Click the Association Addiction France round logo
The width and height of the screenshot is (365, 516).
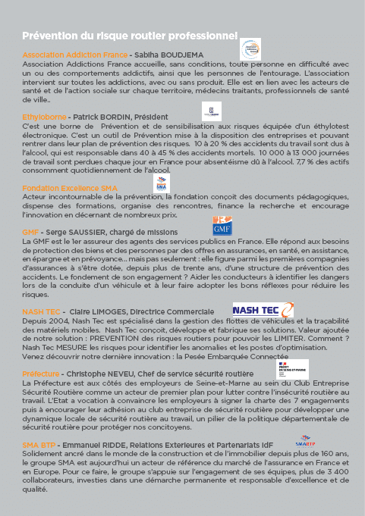point(250,48)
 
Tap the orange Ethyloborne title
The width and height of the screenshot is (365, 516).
point(44,117)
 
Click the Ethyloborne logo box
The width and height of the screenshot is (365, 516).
point(211,111)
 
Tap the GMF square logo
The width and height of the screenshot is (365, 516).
point(222,226)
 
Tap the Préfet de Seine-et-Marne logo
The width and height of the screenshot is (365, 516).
point(291,369)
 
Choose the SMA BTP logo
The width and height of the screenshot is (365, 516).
point(306,440)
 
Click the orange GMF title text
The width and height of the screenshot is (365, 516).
point(30,232)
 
